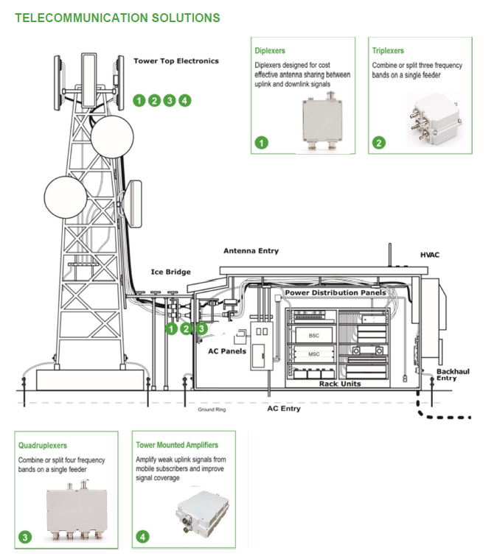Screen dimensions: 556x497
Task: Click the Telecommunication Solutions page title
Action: click(117, 17)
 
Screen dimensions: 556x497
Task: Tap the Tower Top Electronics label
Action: click(176, 61)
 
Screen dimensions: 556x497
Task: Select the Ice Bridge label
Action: click(167, 272)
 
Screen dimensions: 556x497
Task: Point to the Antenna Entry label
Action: click(251, 251)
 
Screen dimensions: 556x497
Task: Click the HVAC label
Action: click(430, 255)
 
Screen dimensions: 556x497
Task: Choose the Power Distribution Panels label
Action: click(336, 292)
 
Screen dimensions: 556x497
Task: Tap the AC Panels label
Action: click(227, 351)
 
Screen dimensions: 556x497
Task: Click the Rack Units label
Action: click(339, 384)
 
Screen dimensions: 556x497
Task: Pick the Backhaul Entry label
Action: click(452, 375)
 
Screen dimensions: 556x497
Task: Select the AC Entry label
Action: click(284, 408)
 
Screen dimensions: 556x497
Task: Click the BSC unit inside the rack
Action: click(314, 335)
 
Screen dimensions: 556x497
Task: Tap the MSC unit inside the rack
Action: click(314, 355)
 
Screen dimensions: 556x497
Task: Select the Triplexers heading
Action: click(388, 51)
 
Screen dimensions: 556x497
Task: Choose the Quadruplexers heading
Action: click(43, 446)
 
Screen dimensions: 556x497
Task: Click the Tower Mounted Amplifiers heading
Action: click(177, 446)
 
